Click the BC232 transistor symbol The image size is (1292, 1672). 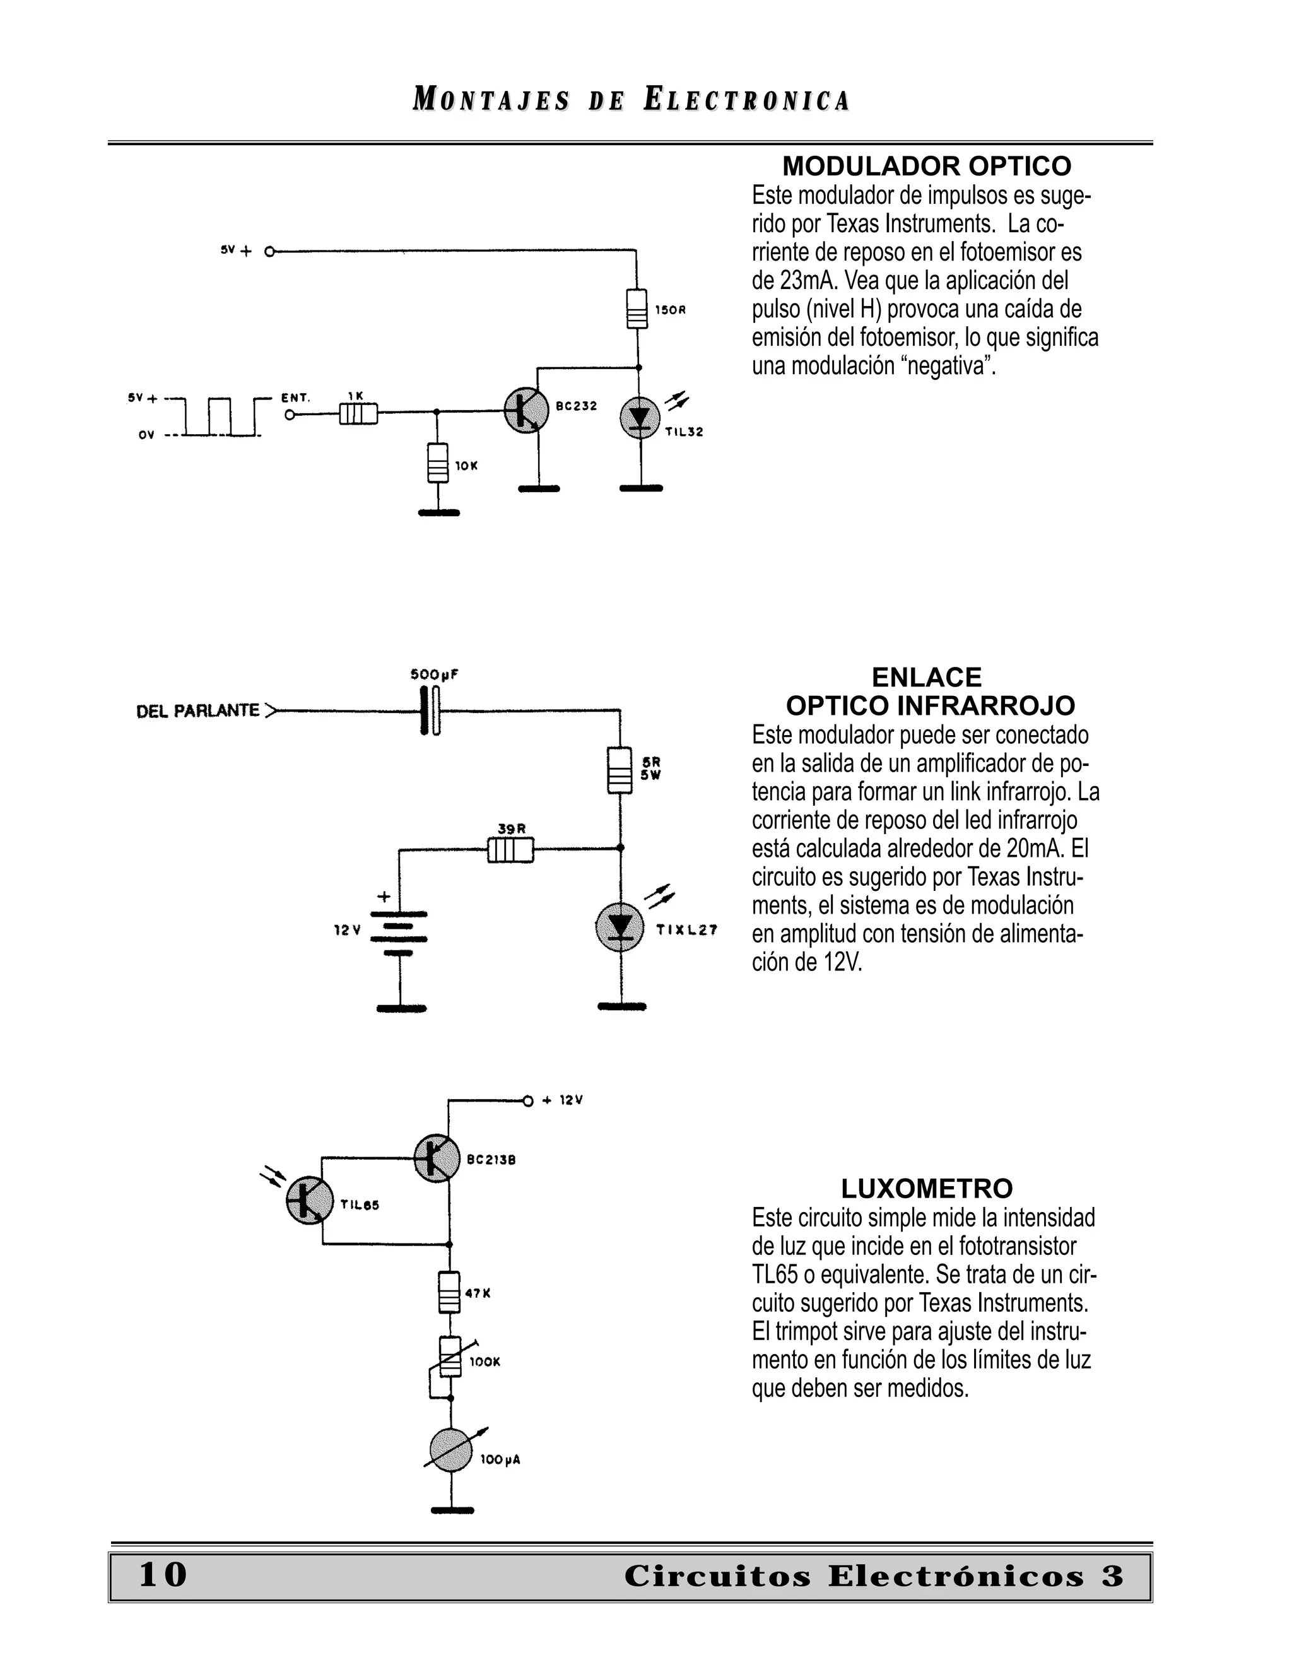(x=527, y=411)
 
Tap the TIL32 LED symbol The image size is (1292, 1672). (x=640, y=418)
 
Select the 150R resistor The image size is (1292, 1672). (x=637, y=309)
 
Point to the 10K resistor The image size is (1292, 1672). (x=437, y=462)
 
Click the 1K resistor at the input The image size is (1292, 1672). (x=358, y=414)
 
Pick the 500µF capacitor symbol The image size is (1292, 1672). (x=430, y=711)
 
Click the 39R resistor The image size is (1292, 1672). (x=510, y=850)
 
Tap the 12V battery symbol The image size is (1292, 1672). (x=399, y=933)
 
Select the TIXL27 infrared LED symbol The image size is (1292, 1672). (x=620, y=927)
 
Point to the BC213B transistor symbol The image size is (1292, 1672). (x=437, y=1158)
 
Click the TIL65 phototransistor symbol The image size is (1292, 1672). (x=310, y=1201)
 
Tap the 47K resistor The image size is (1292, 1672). (x=449, y=1292)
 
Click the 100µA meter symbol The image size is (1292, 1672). (x=452, y=1449)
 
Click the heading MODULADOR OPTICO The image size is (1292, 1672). (x=926, y=166)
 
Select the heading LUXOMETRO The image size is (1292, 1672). (x=926, y=1189)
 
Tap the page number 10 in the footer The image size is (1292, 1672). (x=162, y=1575)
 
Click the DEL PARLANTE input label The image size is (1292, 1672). (x=197, y=711)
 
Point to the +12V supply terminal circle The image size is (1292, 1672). (x=527, y=1101)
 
